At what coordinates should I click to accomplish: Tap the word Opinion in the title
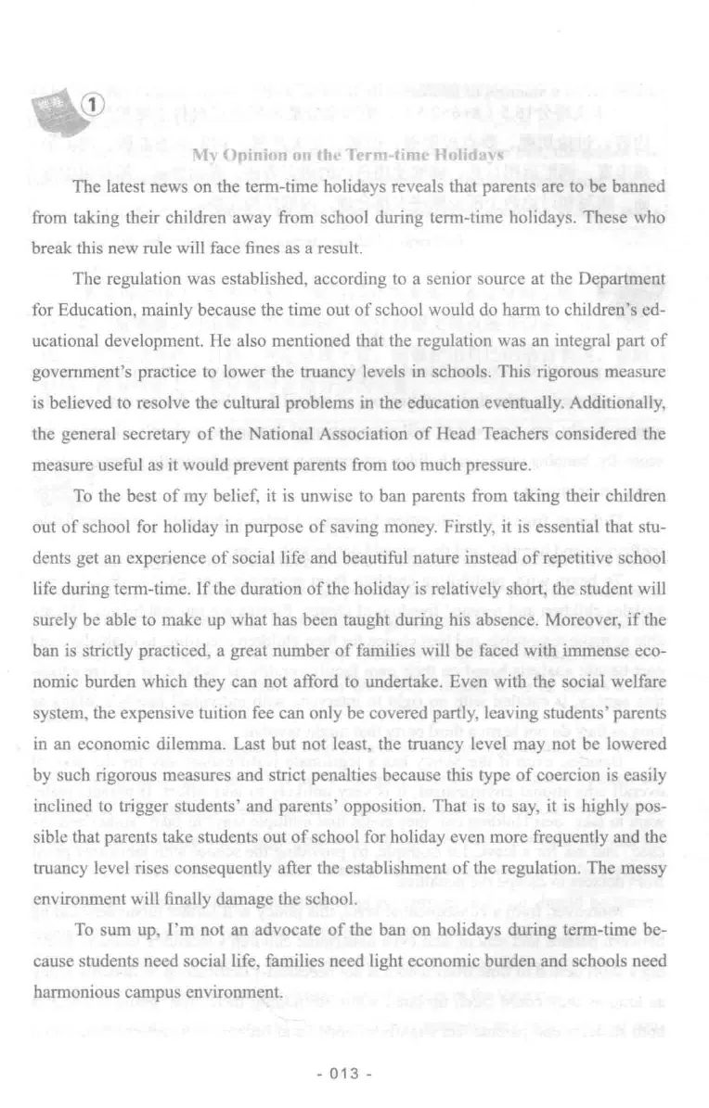click(248, 155)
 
